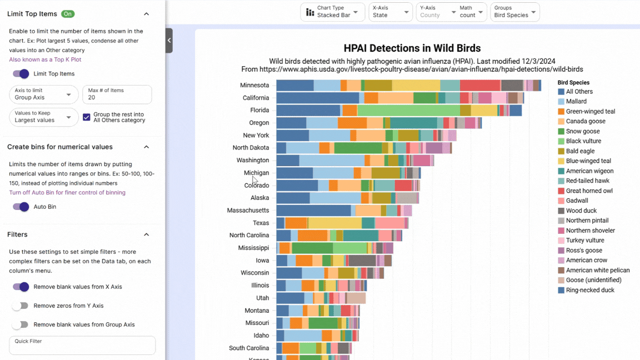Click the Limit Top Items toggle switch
(21, 74)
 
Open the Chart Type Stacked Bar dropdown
(332, 12)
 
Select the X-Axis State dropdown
(390, 12)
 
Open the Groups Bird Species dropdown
(515, 12)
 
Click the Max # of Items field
(117, 97)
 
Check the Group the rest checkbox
(87, 117)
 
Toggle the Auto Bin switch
(21, 207)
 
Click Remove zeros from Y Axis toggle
(21, 306)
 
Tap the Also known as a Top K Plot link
(45, 59)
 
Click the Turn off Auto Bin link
(67, 193)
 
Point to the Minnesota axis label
(254, 86)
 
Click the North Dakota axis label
(251, 148)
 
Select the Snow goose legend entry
(582, 132)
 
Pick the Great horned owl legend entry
(589, 191)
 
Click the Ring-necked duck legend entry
(589, 290)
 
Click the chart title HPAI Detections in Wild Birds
(412, 48)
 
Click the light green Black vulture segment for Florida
(408, 111)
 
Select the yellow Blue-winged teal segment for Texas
(334, 223)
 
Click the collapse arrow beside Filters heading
(147, 234)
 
